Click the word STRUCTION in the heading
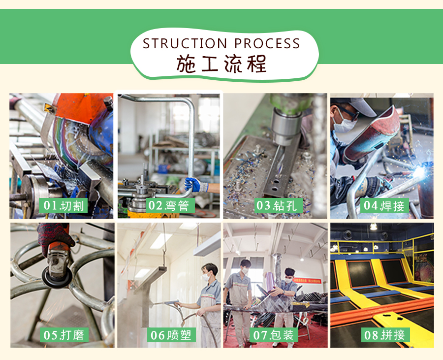pos(185,43)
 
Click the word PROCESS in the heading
pos(267,43)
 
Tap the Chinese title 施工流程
pos(221,64)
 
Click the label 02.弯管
pos(171,205)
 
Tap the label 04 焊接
pos(384,205)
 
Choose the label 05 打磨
pos(64,335)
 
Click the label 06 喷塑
pos(171,335)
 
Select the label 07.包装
pos(274,335)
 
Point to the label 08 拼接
pos(385,335)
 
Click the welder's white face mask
pos(344,124)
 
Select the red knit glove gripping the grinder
pos(55,237)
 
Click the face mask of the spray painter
pos(206,277)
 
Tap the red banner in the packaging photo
pos(307,281)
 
